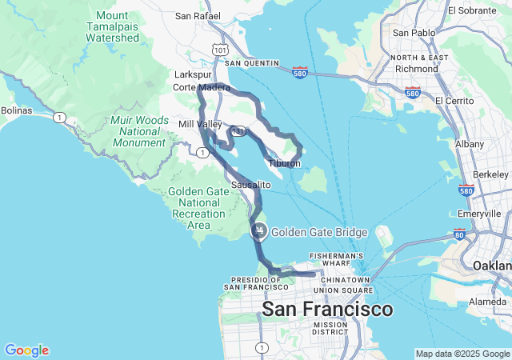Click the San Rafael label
[194, 15]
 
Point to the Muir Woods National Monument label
[140, 131]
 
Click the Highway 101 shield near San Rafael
[221, 50]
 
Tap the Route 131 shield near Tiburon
[238, 130]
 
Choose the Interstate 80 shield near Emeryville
[458, 234]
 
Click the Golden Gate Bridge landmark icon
[259, 232]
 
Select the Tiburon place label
[284, 163]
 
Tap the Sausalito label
[251, 185]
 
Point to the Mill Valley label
[200, 125]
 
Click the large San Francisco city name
[328, 309]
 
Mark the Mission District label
[330, 329]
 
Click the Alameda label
[487, 302]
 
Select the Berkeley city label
[490, 174]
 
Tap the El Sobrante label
[474, 10]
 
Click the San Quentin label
[252, 62]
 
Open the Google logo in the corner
[26, 350]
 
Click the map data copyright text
[462, 354]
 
